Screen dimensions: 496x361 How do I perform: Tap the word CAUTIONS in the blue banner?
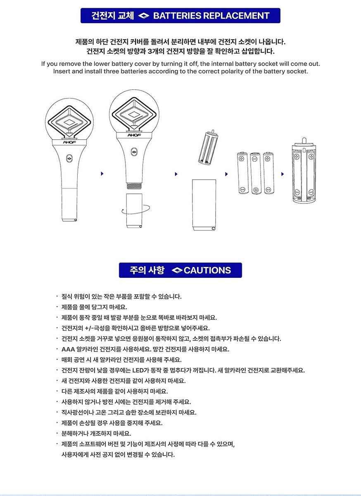(x=207, y=270)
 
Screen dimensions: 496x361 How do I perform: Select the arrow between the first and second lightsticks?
(x=102, y=174)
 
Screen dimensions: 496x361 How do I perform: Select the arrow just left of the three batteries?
(x=226, y=174)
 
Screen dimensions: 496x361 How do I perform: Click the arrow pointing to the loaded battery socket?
(x=283, y=174)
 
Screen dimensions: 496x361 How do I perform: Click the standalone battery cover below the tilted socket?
(x=204, y=205)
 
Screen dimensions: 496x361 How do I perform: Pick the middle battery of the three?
(x=255, y=173)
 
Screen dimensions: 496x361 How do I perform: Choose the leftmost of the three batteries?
(x=242, y=173)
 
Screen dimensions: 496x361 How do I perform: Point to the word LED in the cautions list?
(x=138, y=370)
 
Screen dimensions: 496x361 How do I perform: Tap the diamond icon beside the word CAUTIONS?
(x=177, y=270)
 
